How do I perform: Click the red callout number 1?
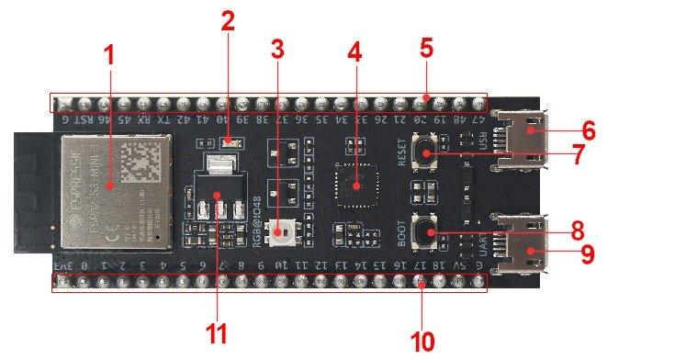(x=109, y=55)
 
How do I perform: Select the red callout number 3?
(x=278, y=51)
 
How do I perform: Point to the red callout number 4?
(x=354, y=51)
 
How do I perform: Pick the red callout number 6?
(x=588, y=131)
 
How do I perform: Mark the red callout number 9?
(x=588, y=253)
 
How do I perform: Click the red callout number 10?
(x=422, y=342)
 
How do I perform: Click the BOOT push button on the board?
(x=426, y=231)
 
